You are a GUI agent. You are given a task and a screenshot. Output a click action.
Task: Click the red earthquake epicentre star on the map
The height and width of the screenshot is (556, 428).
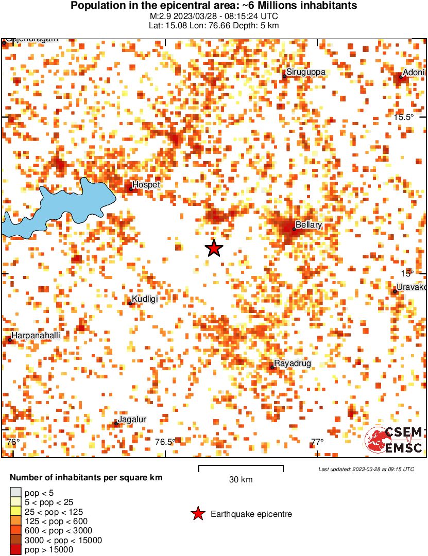(x=214, y=248)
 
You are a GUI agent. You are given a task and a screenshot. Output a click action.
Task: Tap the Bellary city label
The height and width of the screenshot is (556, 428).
(x=309, y=225)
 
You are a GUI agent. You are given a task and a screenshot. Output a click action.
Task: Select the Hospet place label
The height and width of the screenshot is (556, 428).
(x=146, y=184)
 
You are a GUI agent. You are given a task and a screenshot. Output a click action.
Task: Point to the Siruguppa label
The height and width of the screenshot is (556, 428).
(x=306, y=72)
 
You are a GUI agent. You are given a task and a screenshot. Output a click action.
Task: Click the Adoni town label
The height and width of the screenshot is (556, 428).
(x=414, y=72)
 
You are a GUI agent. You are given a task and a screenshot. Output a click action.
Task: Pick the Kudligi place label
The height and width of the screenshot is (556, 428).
(x=145, y=299)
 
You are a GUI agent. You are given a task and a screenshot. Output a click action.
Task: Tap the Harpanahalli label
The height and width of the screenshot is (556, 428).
(x=36, y=335)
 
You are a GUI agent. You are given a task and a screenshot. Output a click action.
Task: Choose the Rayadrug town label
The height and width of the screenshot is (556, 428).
(x=293, y=363)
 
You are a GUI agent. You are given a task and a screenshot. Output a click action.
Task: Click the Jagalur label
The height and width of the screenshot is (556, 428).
(x=132, y=419)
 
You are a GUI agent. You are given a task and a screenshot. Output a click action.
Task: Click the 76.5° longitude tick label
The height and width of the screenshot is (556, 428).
(x=165, y=442)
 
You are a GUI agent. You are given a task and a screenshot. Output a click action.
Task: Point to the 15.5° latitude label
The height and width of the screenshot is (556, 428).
(x=404, y=117)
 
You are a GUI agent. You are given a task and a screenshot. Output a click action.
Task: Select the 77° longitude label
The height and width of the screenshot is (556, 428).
(x=317, y=442)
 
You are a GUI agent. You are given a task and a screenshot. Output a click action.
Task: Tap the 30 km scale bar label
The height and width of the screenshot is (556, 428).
(x=241, y=480)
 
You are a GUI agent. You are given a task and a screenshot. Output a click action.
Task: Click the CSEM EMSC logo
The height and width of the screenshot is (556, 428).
(x=394, y=440)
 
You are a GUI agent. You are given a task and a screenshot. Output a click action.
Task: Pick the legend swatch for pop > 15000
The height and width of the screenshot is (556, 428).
(x=15, y=549)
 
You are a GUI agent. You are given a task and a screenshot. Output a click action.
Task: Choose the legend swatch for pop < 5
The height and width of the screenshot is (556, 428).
(x=15, y=493)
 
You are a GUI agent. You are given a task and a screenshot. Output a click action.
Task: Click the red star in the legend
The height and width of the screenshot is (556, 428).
(x=197, y=514)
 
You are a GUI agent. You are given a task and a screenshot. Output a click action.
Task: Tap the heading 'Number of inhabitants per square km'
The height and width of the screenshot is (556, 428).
(x=86, y=478)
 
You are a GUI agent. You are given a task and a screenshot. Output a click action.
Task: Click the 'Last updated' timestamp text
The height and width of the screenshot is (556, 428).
(x=366, y=469)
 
